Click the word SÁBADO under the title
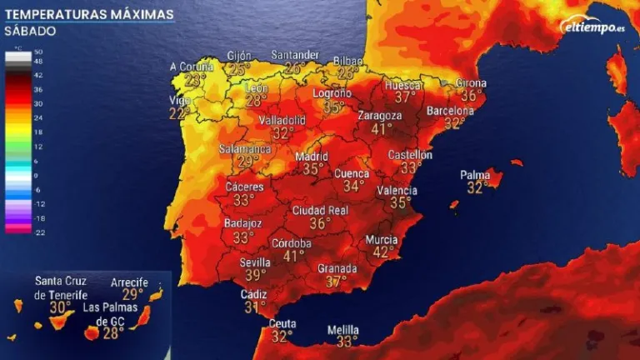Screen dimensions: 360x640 coord(29,32)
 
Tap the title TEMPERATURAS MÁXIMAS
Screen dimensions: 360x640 coord(87,14)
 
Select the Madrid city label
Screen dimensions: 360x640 coord(312,156)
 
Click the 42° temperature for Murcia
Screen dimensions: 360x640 coord(384,252)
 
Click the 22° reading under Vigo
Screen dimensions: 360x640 coord(179,113)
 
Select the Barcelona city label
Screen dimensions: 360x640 coord(451,111)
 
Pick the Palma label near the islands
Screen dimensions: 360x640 coord(474,175)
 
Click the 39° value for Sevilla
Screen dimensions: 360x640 coord(255,274)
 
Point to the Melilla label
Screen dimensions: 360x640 coord(342,328)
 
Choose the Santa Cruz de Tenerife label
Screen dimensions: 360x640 coord(60,287)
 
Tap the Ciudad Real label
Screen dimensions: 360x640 coord(320,211)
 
